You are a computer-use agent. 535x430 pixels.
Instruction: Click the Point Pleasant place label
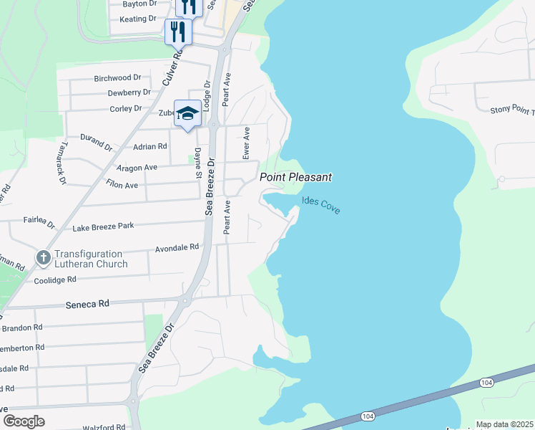coord(295,177)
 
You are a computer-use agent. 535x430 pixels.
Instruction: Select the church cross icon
coord(43,257)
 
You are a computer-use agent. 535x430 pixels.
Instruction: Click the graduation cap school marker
coord(187,113)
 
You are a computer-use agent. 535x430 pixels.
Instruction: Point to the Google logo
coord(24,421)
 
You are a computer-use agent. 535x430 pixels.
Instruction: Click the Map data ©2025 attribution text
coord(504,424)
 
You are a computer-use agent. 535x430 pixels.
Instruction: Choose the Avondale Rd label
coord(177,248)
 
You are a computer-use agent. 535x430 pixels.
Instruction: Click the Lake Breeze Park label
coord(103,227)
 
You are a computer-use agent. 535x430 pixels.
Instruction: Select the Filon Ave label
coord(122,185)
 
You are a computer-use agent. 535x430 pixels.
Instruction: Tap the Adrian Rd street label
coord(150,146)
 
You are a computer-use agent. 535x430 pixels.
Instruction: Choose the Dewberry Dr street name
coord(129,92)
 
